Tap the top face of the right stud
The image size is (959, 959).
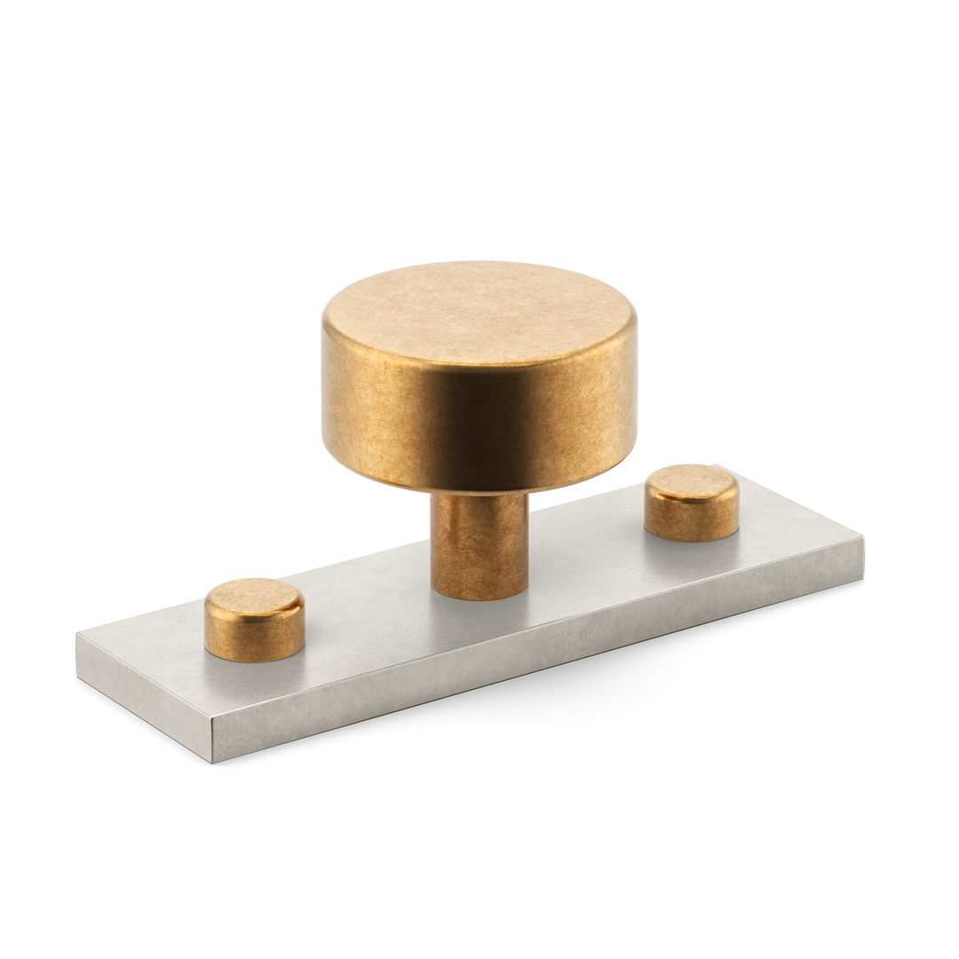tap(692, 482)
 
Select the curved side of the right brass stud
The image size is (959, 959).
tap(691, 519)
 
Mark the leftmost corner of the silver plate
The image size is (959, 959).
tap(75, 632)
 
